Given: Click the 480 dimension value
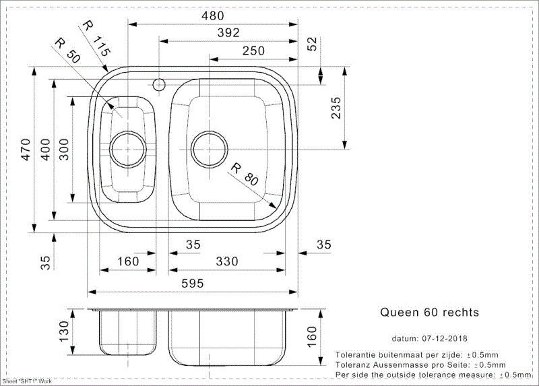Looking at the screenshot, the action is point(213,15).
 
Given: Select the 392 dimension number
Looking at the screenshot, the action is point(228,32).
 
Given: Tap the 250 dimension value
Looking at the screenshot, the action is point(254,51).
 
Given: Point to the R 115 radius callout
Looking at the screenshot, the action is point(97,38).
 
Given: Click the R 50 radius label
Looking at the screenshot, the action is point(68,51).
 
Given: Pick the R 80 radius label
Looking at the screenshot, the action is point(245,175).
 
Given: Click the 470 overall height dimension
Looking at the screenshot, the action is point(26,149).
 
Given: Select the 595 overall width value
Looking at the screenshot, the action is point(193,284).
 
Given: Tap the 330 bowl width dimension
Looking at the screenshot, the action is point(227,261).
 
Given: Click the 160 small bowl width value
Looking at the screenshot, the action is point(128,261).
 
